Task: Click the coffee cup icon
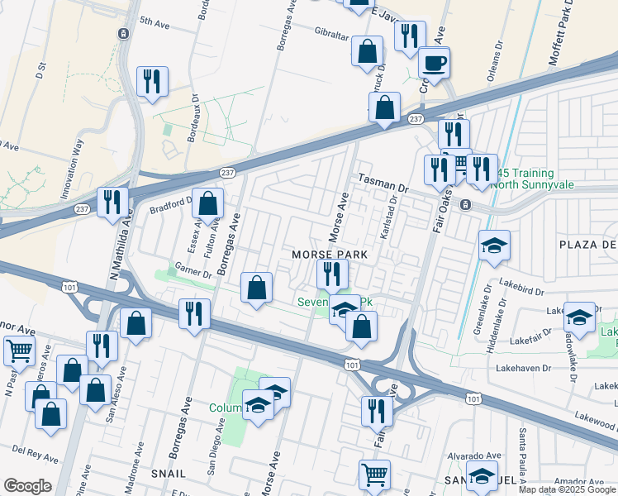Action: [434, 62]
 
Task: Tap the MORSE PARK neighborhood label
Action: [329, 255]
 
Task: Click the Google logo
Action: [27, 486]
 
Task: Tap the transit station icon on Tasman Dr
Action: [466, 204]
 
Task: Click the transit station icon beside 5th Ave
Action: [123, 34]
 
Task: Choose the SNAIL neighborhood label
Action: [168, 473]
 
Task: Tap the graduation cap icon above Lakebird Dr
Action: [494, 246]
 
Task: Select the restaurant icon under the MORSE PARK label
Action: [333, 274]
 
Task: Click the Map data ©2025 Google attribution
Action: [568, 489]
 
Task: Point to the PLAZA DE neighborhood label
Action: [587, 245]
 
